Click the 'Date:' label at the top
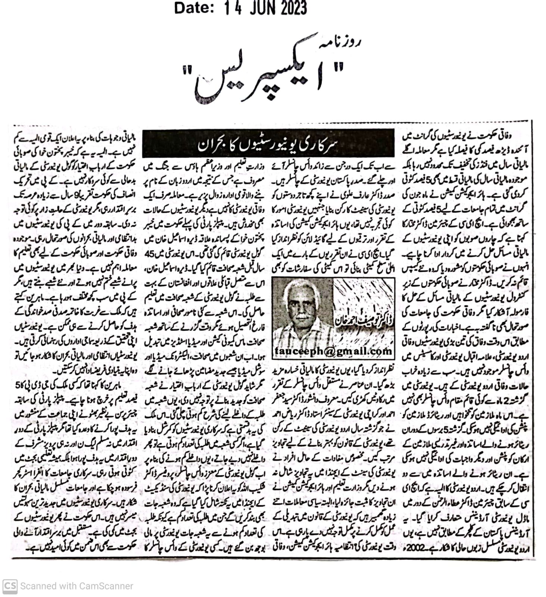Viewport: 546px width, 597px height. pyautogui.click(x=194, y=8)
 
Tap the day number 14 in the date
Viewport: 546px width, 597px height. pyautogui.click(x=231, y=8)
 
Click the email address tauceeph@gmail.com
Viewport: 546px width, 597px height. pyautogui.click(x=333, y=351)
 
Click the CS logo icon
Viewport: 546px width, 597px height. pyautogui.click(x=10, y=586)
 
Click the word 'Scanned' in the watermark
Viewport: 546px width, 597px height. pyautogui.click(x=37, y=586)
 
